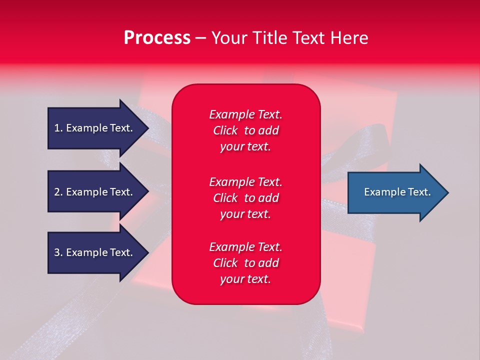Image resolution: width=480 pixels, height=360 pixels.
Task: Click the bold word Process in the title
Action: point(157,38)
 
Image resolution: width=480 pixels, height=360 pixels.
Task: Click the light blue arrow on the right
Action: point(395,192)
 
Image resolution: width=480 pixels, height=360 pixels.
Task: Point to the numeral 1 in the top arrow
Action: point(57,128)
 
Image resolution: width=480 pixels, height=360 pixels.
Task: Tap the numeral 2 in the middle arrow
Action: point(57,192)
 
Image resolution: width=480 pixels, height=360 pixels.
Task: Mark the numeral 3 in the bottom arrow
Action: point(57,252)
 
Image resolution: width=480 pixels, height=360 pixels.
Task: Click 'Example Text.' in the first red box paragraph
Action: point(245,114)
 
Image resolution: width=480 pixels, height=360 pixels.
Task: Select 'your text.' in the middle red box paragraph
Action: point(245,214)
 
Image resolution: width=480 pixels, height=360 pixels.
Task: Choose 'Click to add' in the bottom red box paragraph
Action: point(245,263)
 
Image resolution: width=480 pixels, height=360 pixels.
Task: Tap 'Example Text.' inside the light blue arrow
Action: point(397,192)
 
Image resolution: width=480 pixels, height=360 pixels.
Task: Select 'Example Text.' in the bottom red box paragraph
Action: point(245,247)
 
